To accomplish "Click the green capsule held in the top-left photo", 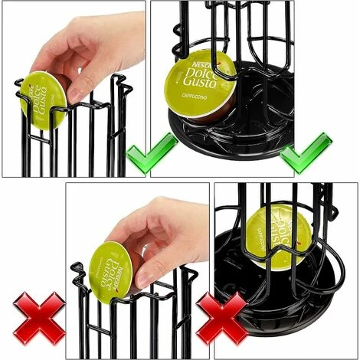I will point(44,100).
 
